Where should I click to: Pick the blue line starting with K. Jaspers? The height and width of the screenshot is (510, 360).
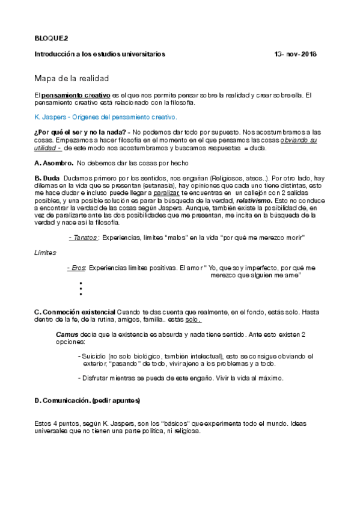tap(105, 117)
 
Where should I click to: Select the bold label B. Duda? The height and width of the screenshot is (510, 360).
tap(47, 179)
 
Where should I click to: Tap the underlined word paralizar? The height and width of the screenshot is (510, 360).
tap(165, 193)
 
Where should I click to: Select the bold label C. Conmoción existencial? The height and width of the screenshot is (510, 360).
tap(75, 312)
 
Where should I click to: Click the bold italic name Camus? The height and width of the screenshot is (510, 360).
tap(66, 333)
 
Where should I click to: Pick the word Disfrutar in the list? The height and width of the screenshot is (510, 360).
tap(101, 378)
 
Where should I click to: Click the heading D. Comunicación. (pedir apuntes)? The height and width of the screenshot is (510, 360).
tap(88, 400)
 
